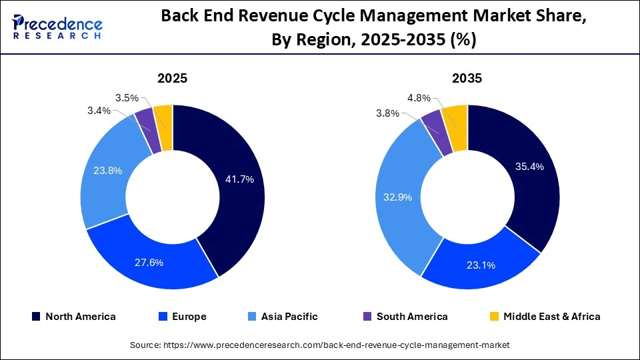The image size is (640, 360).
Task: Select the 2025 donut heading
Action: pyautogui.click(x=172, y=78)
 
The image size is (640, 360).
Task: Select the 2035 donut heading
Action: pyautogui.click(x=467, y=78)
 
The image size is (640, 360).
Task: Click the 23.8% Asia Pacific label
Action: pyautogui.click(x=107, y=171)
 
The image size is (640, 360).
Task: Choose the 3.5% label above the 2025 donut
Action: pyautogui.click(x=126, y=97)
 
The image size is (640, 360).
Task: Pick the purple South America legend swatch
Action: pyautogui.click(x=366, y=317)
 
